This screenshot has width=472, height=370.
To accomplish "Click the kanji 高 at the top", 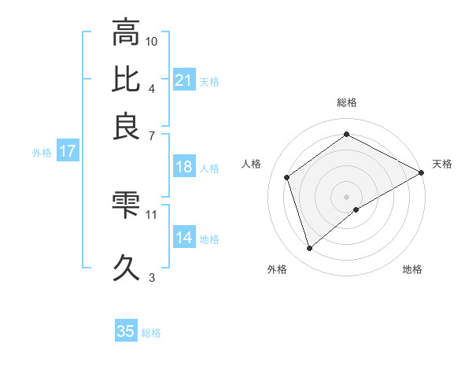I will [127, 34].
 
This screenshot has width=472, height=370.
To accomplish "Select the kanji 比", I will [127, 80].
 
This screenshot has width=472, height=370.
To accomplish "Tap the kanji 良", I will [127, 125].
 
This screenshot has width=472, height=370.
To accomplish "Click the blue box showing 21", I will [184, 80].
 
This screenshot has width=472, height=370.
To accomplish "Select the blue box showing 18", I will [184, 167].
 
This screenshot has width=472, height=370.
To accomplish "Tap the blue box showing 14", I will [184, 239].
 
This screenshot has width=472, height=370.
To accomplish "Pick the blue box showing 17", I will [68, 152].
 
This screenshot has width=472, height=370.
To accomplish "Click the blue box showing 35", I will [126, 331].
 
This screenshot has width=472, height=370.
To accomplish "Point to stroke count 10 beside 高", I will [152, 40].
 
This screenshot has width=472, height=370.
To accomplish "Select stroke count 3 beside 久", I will [152, 276].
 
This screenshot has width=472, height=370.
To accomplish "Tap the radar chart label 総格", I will [347, 102].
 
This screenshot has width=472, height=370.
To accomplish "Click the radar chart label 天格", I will [442, 164].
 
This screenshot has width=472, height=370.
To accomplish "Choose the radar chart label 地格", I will [412, 270].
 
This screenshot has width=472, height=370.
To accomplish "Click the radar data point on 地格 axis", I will [357, 209].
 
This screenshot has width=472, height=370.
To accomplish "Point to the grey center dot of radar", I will [347, 196].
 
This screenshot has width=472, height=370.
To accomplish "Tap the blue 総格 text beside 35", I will [151, 333].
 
